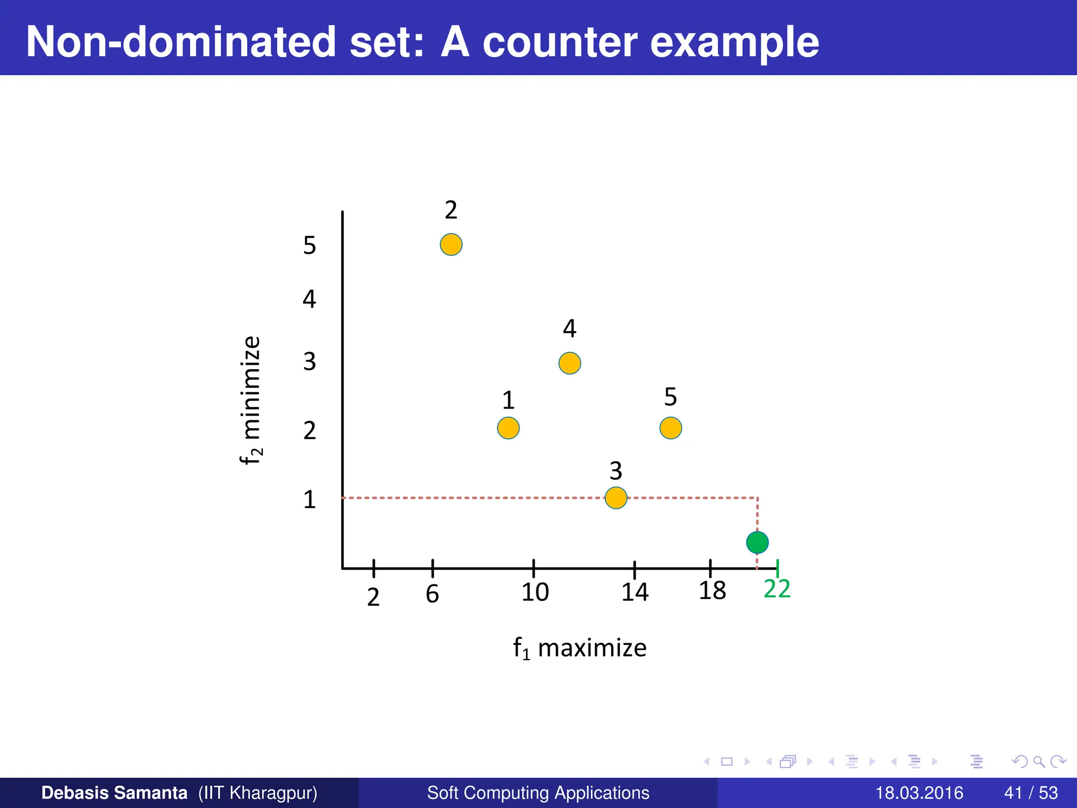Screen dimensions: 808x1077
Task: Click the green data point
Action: tap(757, 542)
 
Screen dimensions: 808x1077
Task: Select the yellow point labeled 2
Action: tap(451, 245)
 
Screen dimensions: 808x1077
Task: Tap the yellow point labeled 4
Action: tap(570, 363)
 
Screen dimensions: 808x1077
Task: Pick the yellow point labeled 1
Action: tap(508, 428)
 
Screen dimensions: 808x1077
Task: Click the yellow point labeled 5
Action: tap(670, 428)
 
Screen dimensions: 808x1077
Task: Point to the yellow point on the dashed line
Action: tap(616, 498)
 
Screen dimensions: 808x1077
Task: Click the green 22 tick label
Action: tap(777, 589)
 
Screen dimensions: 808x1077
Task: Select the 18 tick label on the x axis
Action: tap(712, 591)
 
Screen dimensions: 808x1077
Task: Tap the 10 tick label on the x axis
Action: tap(535, 592)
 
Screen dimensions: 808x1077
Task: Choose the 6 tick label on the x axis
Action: tap(432, 594)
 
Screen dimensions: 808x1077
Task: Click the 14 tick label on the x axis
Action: tap(635, 592)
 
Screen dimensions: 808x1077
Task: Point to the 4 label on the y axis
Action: tap(309, 299)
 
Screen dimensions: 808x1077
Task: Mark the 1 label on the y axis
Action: tap(309, 499)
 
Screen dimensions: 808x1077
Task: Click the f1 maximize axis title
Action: tap(580, 648)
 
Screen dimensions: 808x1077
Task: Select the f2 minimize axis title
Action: tap(250, 400)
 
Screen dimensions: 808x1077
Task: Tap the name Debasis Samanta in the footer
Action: tap(114, 793)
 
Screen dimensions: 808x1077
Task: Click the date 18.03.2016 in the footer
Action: tap(919, 793)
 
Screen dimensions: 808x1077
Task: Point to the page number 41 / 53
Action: tap(1031, 793)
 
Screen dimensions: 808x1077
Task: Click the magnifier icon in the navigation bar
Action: tap(1039, 761)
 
